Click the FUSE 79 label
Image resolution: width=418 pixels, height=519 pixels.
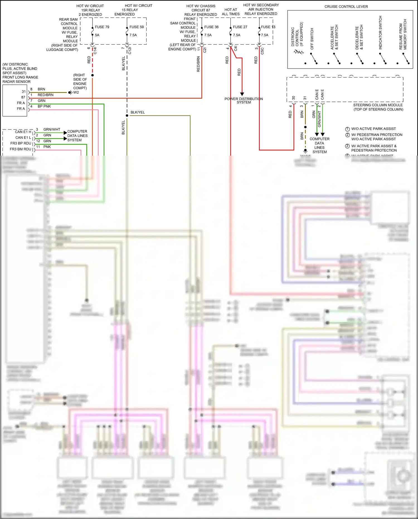click(102, 27)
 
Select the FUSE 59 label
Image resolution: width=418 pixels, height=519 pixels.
click(137, 27)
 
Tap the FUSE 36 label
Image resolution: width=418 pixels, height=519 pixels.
click(211, 27)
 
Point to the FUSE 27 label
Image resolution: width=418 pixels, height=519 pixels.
click(240, 27)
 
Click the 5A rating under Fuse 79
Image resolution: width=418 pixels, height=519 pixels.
click(97, 35)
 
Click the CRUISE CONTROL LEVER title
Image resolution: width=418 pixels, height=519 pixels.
click(346, 7)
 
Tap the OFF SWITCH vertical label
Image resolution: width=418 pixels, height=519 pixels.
click(312, 39)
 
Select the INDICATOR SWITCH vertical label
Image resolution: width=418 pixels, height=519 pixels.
click(380, 33)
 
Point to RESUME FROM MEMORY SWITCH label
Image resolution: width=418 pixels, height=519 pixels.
click(403, 35)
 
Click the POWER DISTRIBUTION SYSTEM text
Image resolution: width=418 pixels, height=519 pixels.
click(244, 101)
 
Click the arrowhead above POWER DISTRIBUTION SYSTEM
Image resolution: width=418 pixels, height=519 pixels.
click(242, 94)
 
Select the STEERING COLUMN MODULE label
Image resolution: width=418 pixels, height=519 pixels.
click(378, 107)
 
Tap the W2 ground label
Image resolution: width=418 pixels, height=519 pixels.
click(76, 92)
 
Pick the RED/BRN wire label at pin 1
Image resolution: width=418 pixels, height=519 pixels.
click(45, 95)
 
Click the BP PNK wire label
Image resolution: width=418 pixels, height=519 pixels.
click(44, 106)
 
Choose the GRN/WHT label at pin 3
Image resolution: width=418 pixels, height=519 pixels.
click(52, 129)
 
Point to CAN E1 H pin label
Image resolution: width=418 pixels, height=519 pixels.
click(23, 132)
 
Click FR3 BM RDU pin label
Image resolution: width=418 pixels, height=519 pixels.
click(20, 149)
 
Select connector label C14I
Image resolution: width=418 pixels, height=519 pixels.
click(95, 50)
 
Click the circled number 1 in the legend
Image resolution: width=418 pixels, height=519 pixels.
click(347, 129)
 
